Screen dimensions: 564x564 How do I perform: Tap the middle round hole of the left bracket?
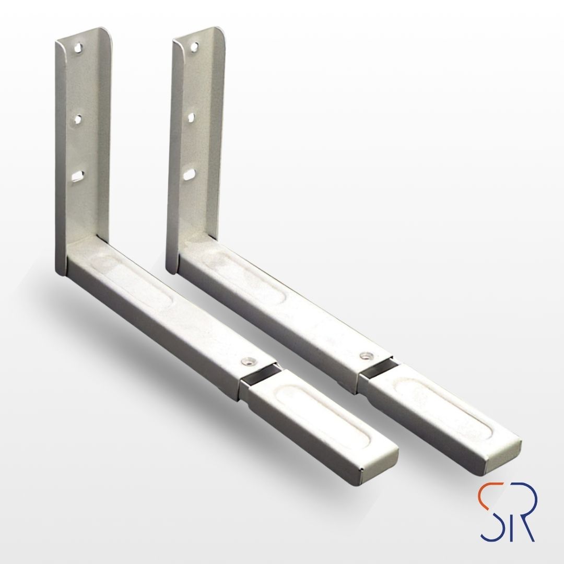coord(78,119)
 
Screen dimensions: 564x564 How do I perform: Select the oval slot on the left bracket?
coord(77,176)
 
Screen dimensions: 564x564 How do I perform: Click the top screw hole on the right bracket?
coord(194,47)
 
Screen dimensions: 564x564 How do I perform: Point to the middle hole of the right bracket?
coord(191,117)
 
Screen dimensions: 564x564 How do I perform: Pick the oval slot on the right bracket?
coord(189,175)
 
